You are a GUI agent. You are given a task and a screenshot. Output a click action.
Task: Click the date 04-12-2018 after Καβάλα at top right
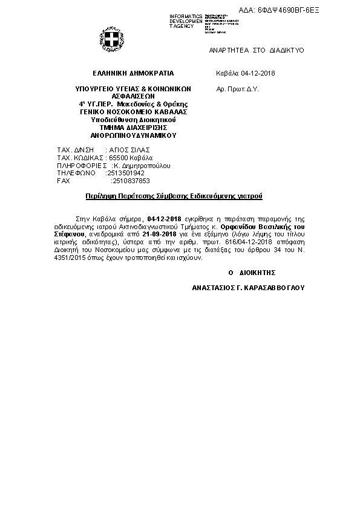click(258, 73)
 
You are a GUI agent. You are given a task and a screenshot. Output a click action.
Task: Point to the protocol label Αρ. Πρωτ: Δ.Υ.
click(238, 88)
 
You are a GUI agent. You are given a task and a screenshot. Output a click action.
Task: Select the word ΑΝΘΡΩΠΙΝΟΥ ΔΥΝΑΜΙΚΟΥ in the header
click(125, 135)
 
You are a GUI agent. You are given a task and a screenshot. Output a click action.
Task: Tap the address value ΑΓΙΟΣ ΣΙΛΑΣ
click(129, 149)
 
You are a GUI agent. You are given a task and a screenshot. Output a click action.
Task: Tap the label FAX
click(63, 181)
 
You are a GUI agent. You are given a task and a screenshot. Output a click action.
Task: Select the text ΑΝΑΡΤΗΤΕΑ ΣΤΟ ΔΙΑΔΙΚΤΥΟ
click(257, 50)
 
